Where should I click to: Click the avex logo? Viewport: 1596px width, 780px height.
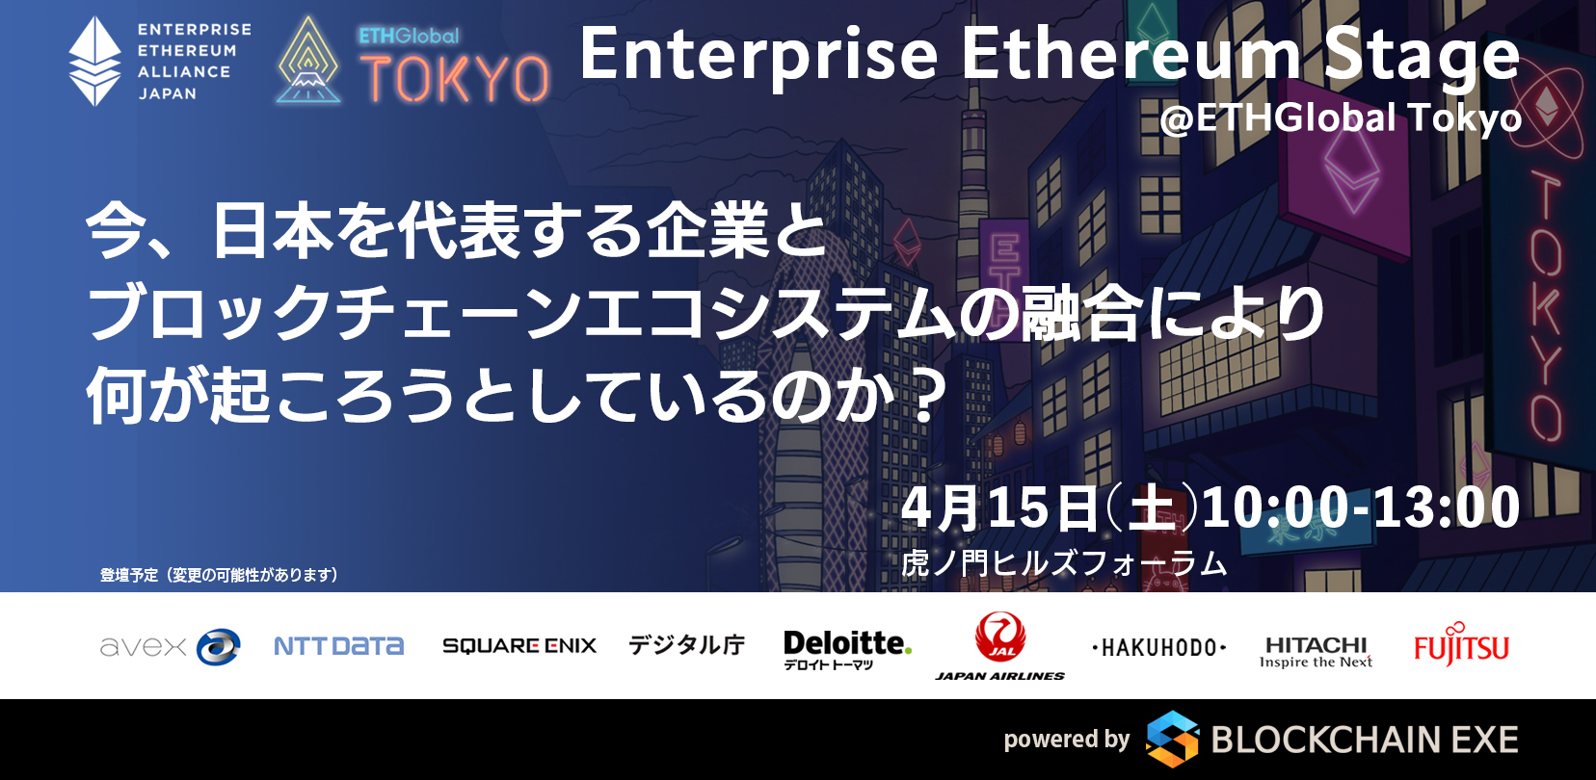(170, 646)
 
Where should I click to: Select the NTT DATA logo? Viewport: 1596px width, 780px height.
(338, 646)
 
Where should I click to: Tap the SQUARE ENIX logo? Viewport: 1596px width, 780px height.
(519, 645)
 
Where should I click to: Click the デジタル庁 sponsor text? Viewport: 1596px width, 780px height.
(686, 645)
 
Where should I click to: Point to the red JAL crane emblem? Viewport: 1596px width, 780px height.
(999, 637)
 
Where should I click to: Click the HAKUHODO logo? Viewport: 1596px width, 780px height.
(1158, 648)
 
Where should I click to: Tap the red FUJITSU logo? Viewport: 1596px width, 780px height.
(1461, 644)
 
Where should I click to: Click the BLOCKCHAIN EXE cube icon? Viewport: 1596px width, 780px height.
(1172, 739)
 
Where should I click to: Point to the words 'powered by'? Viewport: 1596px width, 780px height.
(1067, 740)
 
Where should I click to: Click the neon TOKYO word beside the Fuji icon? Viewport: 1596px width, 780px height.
(454, 78)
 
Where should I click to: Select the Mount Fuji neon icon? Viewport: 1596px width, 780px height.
(308, 62)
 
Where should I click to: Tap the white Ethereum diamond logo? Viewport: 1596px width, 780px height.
(94, 62)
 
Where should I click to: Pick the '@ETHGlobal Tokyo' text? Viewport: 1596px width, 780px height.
(1340, 118)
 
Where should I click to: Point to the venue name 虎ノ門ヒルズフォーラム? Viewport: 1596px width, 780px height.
(1064, 563)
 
